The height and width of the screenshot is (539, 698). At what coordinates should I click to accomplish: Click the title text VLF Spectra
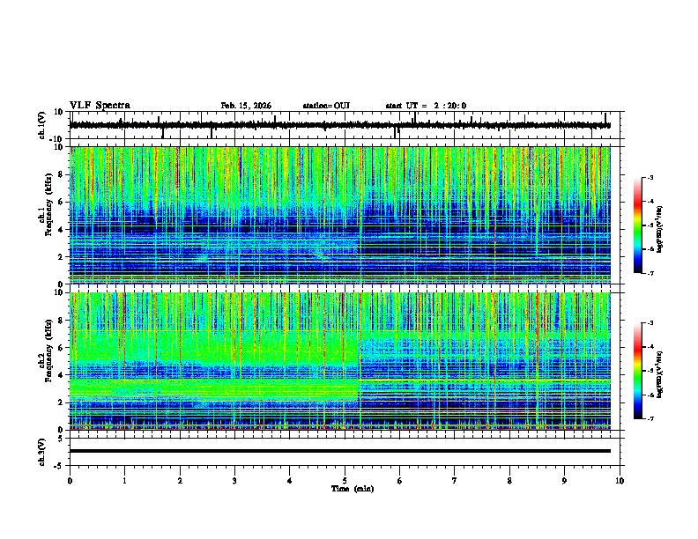pos(100,106)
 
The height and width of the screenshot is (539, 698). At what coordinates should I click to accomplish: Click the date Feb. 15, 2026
pos(246,106)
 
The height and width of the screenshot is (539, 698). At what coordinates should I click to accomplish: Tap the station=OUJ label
pos(326,106)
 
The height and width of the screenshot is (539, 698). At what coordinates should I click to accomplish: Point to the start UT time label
pos(426,106)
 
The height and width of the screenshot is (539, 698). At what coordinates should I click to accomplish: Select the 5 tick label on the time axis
pos(345,480)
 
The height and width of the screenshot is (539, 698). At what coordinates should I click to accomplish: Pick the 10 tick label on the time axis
pos(620,480)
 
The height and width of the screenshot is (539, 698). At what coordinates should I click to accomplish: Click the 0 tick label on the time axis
pos(70,480)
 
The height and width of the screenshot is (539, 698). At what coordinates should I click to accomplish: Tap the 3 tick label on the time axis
pos(234,480)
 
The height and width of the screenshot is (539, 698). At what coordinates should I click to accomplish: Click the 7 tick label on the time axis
pos(455,480)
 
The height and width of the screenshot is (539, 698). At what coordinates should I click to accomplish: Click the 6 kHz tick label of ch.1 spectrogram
pos(60,202)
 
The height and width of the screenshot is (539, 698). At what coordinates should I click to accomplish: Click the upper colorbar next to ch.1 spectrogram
pos(638,225)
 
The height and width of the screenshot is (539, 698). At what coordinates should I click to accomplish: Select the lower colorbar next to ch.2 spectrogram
pos(638,371)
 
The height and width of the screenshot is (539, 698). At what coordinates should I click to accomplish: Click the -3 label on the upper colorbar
pos(650,178)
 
